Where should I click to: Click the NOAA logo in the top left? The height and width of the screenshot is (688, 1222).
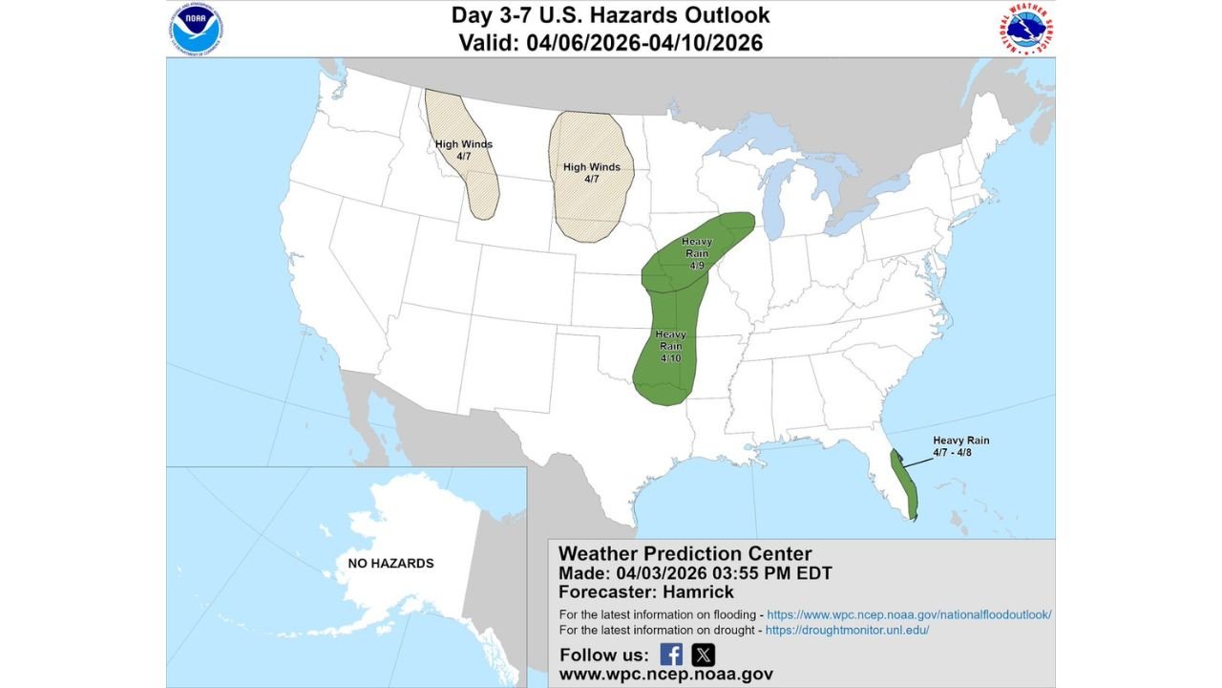click(x=198, y=30)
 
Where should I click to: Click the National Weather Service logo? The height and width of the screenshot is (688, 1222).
click(x=1026, y=30)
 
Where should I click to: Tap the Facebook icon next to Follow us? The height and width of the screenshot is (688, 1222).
click(x=671, y=655)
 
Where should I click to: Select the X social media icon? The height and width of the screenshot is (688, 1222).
click(x=703, y=655)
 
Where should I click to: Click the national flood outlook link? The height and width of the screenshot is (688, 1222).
click(x=909, y=614)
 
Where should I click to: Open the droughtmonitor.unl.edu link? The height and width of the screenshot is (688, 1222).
click(x=848, y=631)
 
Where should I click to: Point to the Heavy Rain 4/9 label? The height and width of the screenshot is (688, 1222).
click(x=696, y=253)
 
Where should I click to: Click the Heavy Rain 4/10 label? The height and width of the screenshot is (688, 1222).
click(x=670, y=346)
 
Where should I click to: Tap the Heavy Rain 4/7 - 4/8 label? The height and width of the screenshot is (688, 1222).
click(x=961, y=446)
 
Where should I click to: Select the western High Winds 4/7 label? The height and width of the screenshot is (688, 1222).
click(x=464, y=150)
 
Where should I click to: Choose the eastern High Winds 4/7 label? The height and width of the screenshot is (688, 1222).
click(x=591, y=173)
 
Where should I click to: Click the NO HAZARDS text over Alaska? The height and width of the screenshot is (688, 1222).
click(x=390, y=563)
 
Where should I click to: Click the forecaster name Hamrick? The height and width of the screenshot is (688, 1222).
click(x=699, y=592)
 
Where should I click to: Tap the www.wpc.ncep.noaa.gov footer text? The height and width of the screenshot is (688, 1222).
click(x=665, y=675)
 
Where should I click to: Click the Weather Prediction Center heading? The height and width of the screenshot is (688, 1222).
click(x=685, y=553)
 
